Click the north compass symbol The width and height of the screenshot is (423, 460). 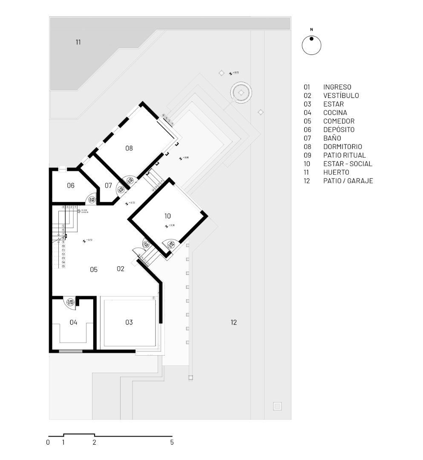pos(311,45)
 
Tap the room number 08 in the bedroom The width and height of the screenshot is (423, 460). pos(129,148)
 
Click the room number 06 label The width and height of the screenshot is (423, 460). pos(71,186)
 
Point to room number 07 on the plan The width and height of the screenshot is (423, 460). pos(108,186)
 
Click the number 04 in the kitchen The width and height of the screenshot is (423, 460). pos(73,322)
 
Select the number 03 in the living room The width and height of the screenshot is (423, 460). pos(129,322)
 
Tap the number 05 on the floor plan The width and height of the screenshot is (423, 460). pos(94,269)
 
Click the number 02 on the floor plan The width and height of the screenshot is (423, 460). pos(121,269)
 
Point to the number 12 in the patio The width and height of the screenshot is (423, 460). pos(233,322)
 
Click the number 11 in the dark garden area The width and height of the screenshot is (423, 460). pos(78,42)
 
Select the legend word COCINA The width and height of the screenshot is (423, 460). pos(335,113)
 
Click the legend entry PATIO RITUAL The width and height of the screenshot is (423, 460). pos(344,155)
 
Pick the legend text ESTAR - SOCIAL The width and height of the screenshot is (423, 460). pos(348,164)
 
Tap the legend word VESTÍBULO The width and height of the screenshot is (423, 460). pos(341,96)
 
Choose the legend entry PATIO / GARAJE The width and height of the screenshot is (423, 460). pos(348,181)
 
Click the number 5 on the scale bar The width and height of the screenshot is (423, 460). pos(172,443)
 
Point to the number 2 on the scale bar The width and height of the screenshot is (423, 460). pos(95,443)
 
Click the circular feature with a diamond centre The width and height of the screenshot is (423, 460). pos(241,92)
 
